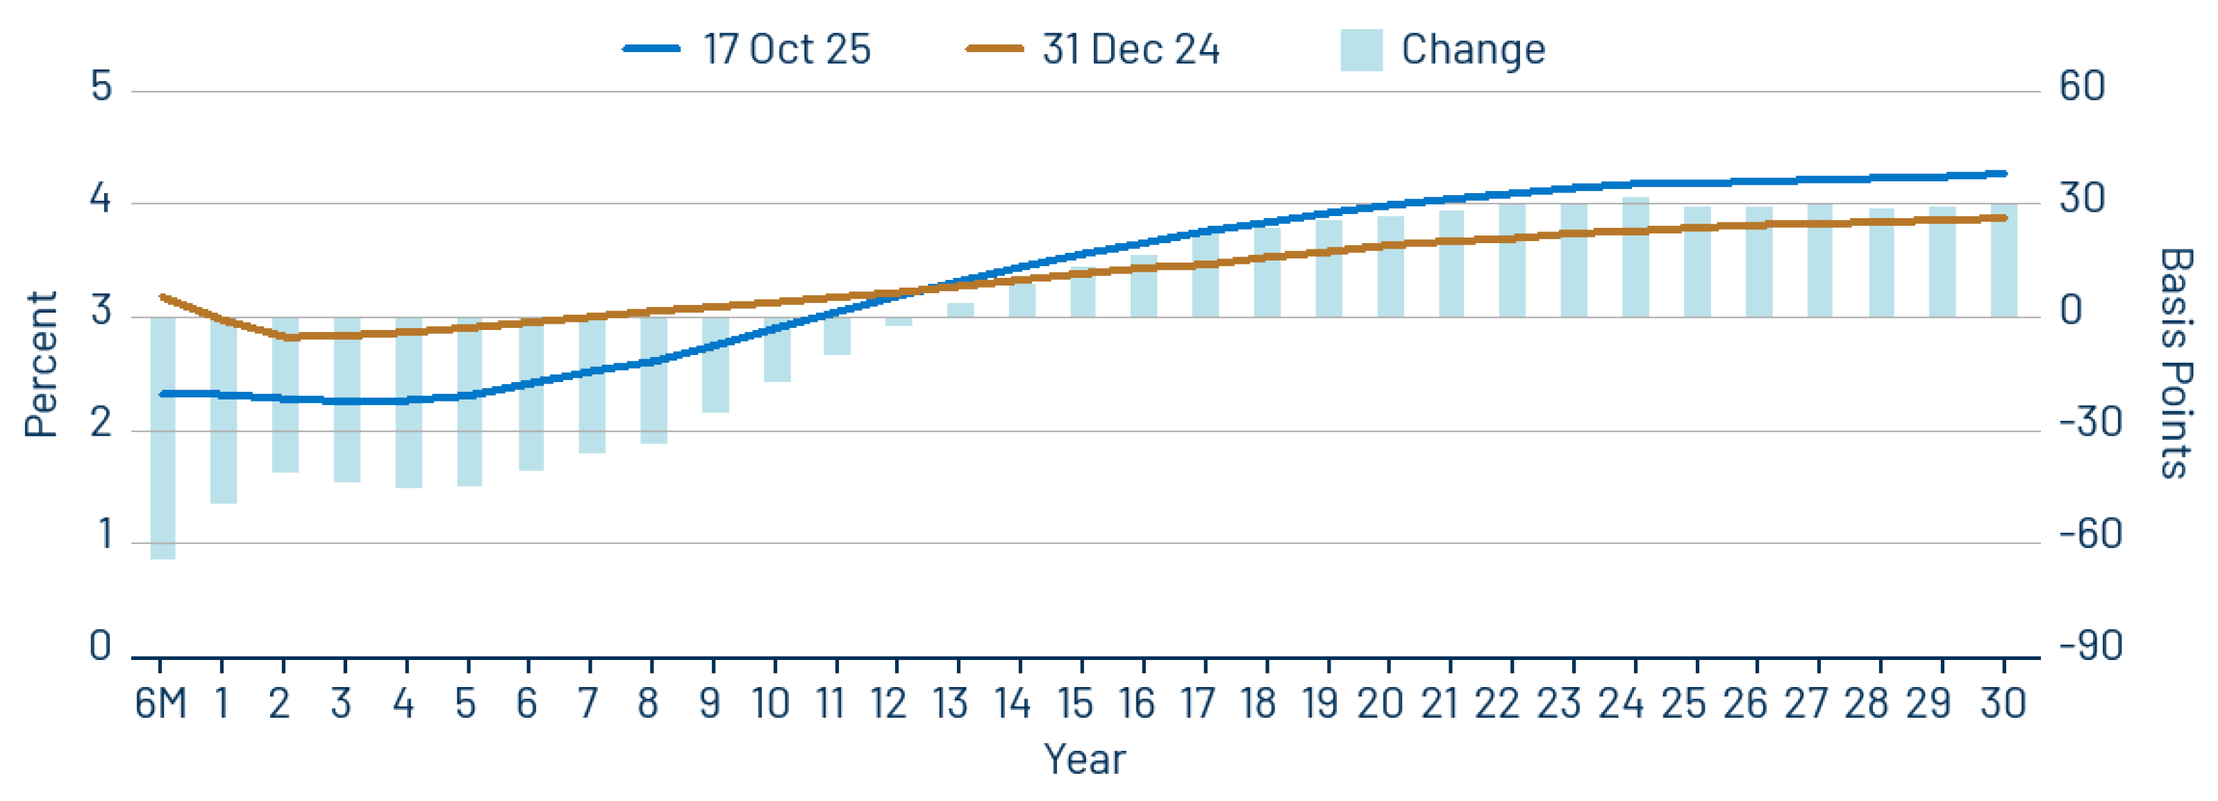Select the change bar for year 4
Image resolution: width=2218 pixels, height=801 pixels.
(x=408, y=402)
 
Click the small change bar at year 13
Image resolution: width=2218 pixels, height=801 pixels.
(x=960, y=310)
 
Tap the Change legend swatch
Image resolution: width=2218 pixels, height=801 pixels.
(x=1361, y=49)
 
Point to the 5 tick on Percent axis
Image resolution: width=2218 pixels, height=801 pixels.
(x=101, y=87)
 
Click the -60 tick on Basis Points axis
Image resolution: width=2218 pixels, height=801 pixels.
(x=2090, y=535)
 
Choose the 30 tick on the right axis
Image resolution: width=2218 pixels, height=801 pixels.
(x=2081, y=199)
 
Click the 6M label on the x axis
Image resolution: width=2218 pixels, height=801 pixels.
(x=160, y=704)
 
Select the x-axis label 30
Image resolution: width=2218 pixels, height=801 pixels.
(x=2002, y=704)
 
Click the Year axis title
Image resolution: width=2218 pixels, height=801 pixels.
(x=1084, y=759)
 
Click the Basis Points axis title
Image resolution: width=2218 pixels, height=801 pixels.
(x=2175, y=363)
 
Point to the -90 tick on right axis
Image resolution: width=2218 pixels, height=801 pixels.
(x=2090, y=646)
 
